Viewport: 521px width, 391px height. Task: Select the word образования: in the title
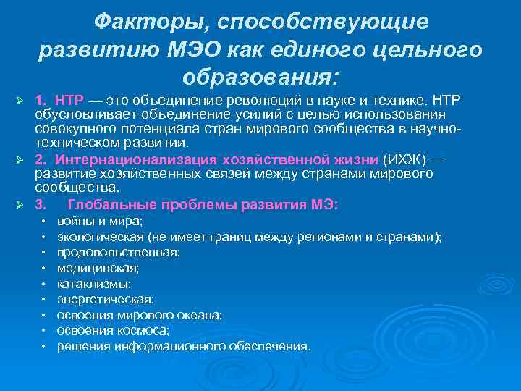tap(260, 75)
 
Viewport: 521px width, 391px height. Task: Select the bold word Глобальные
tap(109, 205)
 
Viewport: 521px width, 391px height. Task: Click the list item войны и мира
tap(100, 221)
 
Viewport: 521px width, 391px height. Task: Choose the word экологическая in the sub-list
tap(100, 237)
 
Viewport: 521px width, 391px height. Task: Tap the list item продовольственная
tap(119, 253)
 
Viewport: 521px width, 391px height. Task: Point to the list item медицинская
tap(98, 268)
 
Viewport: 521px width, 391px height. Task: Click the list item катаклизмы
tap(94, 284)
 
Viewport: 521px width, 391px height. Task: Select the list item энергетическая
tap(106, 299)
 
